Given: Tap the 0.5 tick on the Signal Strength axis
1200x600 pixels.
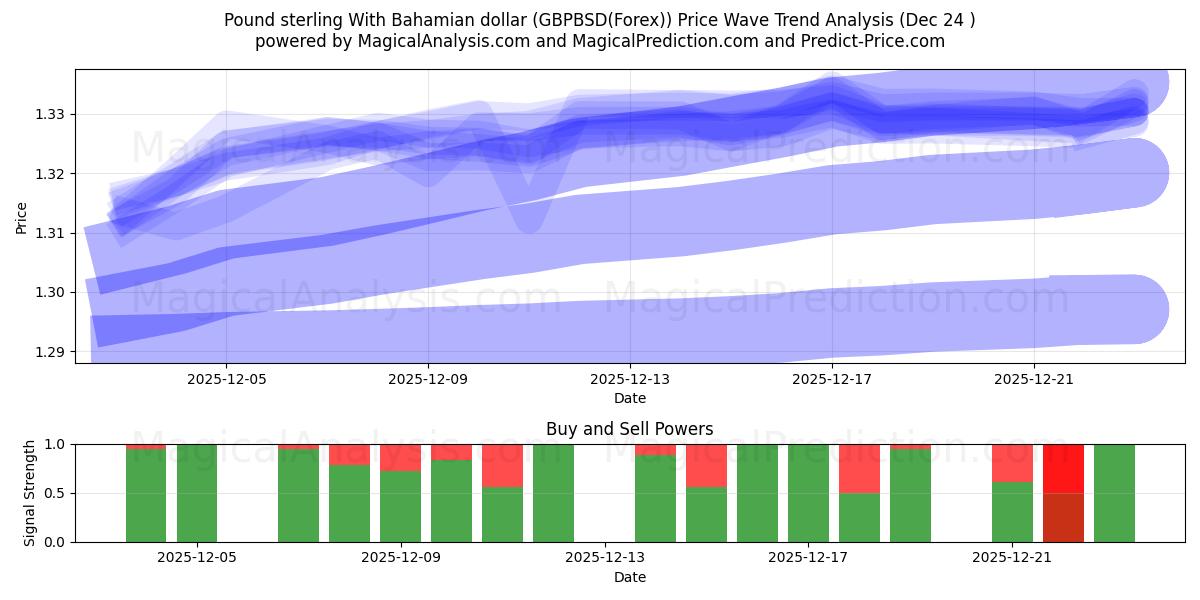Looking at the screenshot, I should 57,493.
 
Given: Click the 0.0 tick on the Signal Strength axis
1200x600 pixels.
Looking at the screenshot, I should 57,542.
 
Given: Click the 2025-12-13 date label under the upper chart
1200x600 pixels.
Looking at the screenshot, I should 630,380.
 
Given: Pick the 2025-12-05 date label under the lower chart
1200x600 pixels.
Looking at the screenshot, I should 197,558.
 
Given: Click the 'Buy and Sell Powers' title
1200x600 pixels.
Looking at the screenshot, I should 630,429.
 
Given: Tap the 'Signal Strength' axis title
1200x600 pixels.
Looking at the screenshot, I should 30,493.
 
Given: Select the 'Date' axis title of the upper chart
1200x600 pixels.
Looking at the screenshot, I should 630,398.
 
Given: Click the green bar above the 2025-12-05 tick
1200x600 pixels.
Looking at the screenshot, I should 197,493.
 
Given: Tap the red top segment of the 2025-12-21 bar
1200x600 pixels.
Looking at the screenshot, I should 1012,463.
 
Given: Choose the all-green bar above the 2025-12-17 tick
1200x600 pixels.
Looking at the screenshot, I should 808,493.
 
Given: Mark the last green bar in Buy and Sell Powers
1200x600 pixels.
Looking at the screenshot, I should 1114,493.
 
